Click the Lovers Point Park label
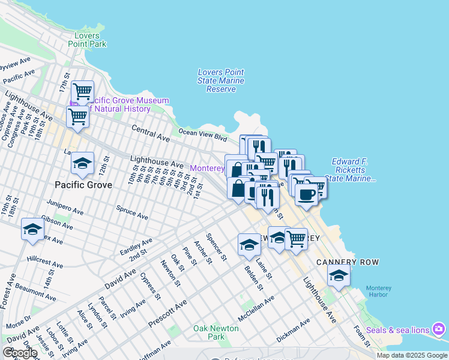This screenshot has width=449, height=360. pos(87,40)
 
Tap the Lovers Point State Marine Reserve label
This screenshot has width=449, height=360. pos(221,80)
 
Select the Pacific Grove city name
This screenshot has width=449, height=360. pos(83,185)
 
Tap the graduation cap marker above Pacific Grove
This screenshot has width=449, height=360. pos(82,164)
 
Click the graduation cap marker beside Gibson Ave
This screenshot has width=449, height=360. pos(33,229)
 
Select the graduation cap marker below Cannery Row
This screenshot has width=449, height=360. pos(339,276)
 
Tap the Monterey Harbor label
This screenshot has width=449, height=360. pos(379,292)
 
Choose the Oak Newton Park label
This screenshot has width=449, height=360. pos(215,332)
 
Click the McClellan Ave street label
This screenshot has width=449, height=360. pos(256,307)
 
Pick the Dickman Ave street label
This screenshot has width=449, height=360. pos(293,329)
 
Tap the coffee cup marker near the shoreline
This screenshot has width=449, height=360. pos(306,195)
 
